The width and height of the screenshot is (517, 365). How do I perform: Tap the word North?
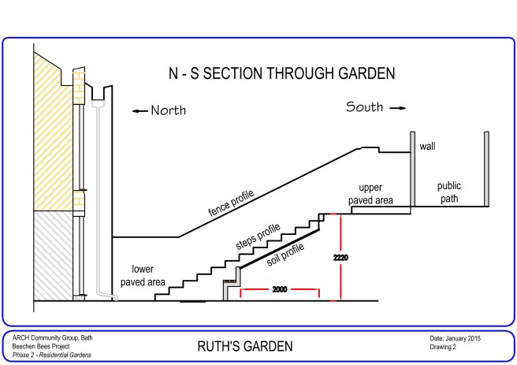point(168,111)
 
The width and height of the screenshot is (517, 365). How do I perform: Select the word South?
point(363,107)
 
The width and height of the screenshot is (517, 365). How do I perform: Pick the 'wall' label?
point(427,147)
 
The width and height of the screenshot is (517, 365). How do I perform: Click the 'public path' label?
point(449,192)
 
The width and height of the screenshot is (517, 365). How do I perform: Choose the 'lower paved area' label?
point(147,274)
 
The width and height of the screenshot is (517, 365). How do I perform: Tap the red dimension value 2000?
point(280,290)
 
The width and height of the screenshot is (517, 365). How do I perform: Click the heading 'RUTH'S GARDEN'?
point(244,346)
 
